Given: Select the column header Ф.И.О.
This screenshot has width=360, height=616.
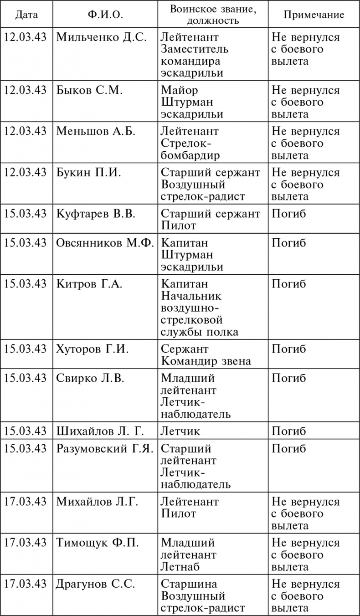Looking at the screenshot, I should (105, 15).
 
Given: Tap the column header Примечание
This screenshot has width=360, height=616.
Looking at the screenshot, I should (314, 15).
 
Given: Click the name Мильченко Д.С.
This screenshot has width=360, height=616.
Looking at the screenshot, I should (102, 37).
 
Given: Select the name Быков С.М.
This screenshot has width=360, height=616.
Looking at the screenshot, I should (90, 90).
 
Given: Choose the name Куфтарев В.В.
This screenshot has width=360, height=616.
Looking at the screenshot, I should (96, 214).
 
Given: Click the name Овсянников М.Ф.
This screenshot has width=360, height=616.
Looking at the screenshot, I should (105, 243).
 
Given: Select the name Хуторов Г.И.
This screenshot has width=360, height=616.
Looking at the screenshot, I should (93, 349).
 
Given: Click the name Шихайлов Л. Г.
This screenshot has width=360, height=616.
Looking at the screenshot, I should (100, 431).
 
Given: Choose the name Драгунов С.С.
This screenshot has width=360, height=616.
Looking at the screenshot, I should (96, 584).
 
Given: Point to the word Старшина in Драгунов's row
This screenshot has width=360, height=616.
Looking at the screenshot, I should (189, 584).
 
